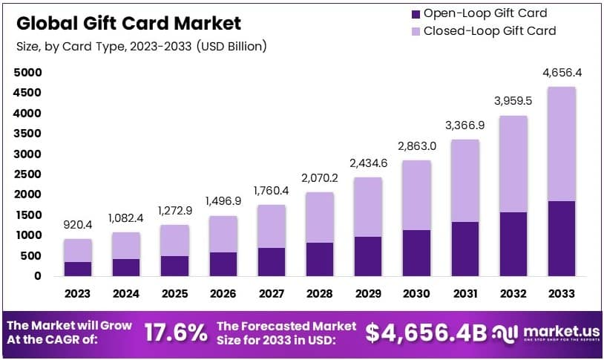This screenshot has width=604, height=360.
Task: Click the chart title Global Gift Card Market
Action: (129, 23)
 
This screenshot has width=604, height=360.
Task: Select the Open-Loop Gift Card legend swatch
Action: (415, 13)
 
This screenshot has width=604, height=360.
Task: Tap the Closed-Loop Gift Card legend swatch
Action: (415, 31)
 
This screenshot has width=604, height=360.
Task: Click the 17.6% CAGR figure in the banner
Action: (175, 333)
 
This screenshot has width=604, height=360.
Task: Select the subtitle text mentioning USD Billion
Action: (141, 46)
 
